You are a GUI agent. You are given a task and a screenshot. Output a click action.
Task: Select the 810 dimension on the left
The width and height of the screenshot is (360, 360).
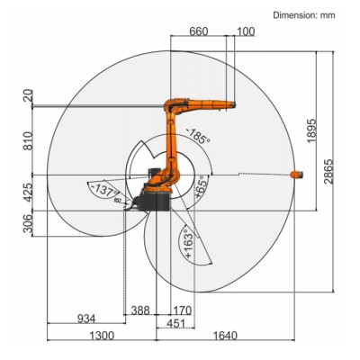coord(28,141)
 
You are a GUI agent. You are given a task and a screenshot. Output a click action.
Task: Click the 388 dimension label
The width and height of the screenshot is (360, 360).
coord(139,310)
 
